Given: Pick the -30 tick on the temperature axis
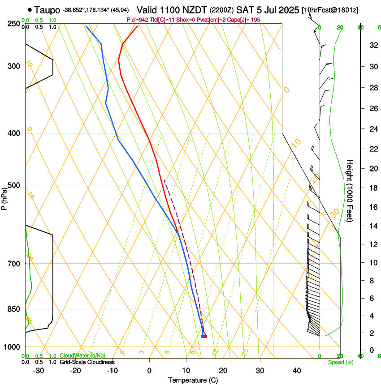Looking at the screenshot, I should (x=39, y=370).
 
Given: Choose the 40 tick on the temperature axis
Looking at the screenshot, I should (x=296, y=370).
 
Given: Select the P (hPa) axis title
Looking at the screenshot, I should (x=4, y=196).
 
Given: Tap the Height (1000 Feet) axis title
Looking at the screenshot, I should (x=350, y=190).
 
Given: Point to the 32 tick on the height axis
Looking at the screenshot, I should (x=372, y=45).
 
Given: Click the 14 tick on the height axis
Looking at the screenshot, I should (x=372, y=227).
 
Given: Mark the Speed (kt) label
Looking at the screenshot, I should (x=340, y=362).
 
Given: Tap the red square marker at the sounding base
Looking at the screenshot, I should (x=206, y=336).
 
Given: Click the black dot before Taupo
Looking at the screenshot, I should (x=30, y=9).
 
